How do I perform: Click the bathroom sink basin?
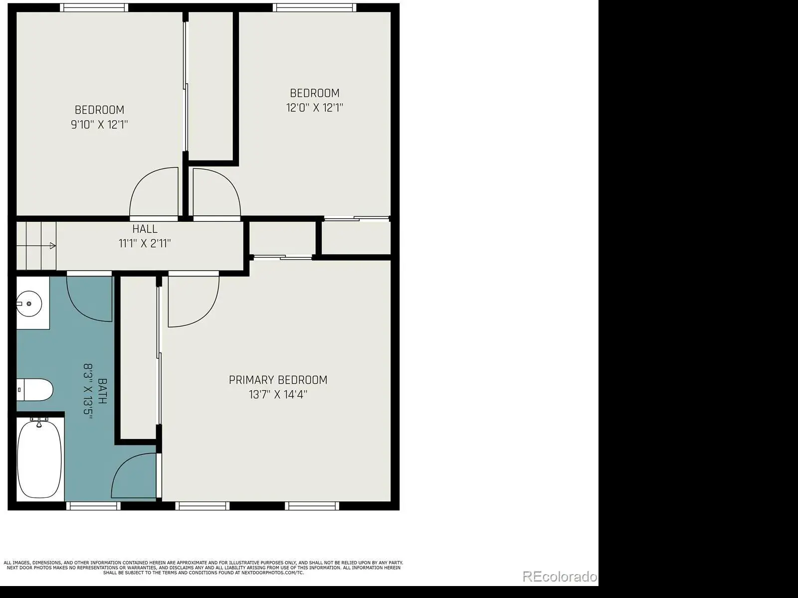(29, 303)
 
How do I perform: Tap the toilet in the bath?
(34, 390)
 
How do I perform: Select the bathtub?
(40, 459)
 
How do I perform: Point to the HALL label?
(145, 229)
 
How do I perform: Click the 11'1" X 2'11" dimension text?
(145, 243)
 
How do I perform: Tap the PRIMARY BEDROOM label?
(278, 380)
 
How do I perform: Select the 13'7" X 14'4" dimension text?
(278, 395)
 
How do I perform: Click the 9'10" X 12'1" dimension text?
(99, 125)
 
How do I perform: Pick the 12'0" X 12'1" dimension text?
(315, 108)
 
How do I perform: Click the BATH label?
(103, 391)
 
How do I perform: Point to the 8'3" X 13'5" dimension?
(88, 391)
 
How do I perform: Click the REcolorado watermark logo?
(560, 577)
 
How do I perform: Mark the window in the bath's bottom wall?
(93, 506)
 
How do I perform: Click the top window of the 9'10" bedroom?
(94, 7)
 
